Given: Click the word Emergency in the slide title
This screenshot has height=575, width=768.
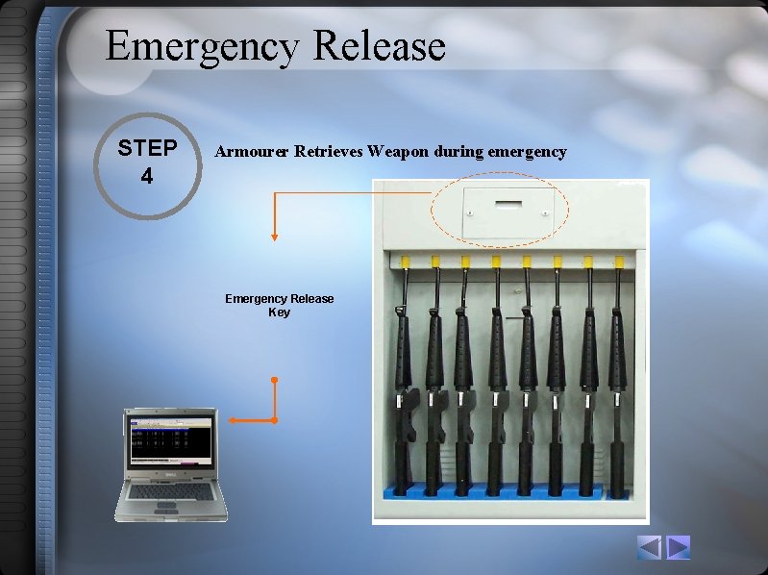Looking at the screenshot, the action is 202,47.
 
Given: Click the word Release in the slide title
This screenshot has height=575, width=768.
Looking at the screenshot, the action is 379,45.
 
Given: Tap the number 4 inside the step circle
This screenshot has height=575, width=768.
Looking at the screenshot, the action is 147,176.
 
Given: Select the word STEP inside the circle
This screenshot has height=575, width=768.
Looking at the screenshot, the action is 147,148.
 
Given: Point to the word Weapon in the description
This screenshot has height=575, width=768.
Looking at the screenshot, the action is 398,152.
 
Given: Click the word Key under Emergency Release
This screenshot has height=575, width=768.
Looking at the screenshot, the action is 279,312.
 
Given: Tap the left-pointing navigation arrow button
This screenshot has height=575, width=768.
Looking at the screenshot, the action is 650,547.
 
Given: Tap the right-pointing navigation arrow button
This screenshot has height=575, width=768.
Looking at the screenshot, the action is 678,547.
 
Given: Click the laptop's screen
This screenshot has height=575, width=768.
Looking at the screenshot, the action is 171,439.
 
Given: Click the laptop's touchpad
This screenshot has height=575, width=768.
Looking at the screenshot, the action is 166,505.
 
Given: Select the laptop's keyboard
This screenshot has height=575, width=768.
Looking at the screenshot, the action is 171,491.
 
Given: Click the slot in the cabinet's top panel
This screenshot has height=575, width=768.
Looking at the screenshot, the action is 508,204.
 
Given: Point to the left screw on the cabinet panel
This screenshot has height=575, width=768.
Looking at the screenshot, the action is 470,213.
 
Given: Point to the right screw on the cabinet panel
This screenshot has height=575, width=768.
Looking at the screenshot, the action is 546,213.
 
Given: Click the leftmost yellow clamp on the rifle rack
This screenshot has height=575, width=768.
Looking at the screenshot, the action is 406,262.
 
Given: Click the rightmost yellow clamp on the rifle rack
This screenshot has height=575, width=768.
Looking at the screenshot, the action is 619,261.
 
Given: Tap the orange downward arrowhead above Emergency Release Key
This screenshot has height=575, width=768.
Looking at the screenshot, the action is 274,237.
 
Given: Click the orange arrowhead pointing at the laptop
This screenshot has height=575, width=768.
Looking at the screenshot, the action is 234,420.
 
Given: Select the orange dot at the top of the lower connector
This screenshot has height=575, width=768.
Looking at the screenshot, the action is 274,380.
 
